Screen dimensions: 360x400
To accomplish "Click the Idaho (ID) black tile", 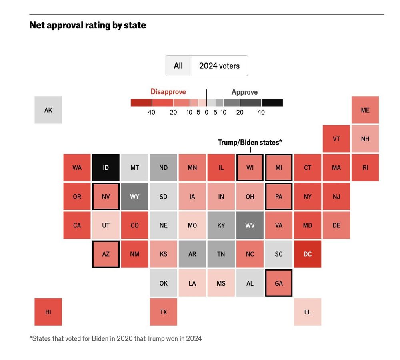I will tap(106, 167).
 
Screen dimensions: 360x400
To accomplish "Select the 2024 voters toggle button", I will tap(219, 66).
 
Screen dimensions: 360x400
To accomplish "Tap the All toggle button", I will tap(178, 66).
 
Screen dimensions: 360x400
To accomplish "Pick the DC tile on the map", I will tap(307, 254).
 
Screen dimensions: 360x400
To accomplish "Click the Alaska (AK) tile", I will tap(48, 110).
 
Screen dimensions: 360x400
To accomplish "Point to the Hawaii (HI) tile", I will tap(48, 312).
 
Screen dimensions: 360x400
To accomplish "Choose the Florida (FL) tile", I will tap(307, 312).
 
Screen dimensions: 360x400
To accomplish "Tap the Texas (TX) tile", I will tap(163, 312).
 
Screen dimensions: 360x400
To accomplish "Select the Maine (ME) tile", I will tap(365, 110).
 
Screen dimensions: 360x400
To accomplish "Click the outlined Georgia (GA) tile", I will tap(278, 283).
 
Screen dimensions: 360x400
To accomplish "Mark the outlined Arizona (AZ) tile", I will tap(106, 254).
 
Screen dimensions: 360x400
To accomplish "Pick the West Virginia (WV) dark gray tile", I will tap(250, 225).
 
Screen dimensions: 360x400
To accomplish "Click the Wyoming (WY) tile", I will tap(134, 196).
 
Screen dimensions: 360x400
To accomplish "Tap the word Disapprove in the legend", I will tap(168, 92).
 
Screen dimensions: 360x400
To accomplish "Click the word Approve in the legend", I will tap(244, 92).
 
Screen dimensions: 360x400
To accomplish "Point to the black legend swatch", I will tap(272, 103).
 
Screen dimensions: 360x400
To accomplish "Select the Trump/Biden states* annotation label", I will tap(250, 142).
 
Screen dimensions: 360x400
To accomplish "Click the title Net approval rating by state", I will tap(88, 25).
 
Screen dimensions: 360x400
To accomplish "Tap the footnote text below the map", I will tap(116, 338).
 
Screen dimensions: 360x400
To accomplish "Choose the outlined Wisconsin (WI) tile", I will tap(250, 167).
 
